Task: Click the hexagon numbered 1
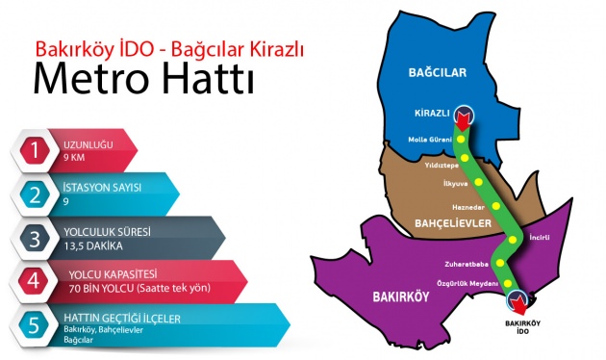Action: click(x=37, y=149)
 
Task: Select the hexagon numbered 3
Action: click(x=37, y=239)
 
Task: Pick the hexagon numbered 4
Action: click(x=37, y=282)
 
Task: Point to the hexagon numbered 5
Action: click(x=37, y=325)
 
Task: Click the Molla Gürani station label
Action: click(x=430, y=140)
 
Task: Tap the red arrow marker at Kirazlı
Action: click(x=465, y=117)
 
